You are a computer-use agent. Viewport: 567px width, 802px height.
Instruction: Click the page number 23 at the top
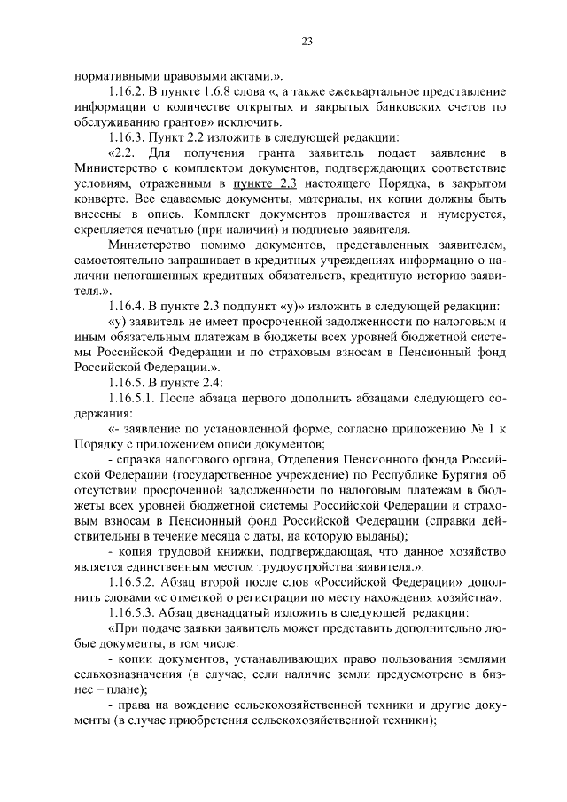point(283,41)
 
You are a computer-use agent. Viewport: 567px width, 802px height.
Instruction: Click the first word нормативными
point(118,76)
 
